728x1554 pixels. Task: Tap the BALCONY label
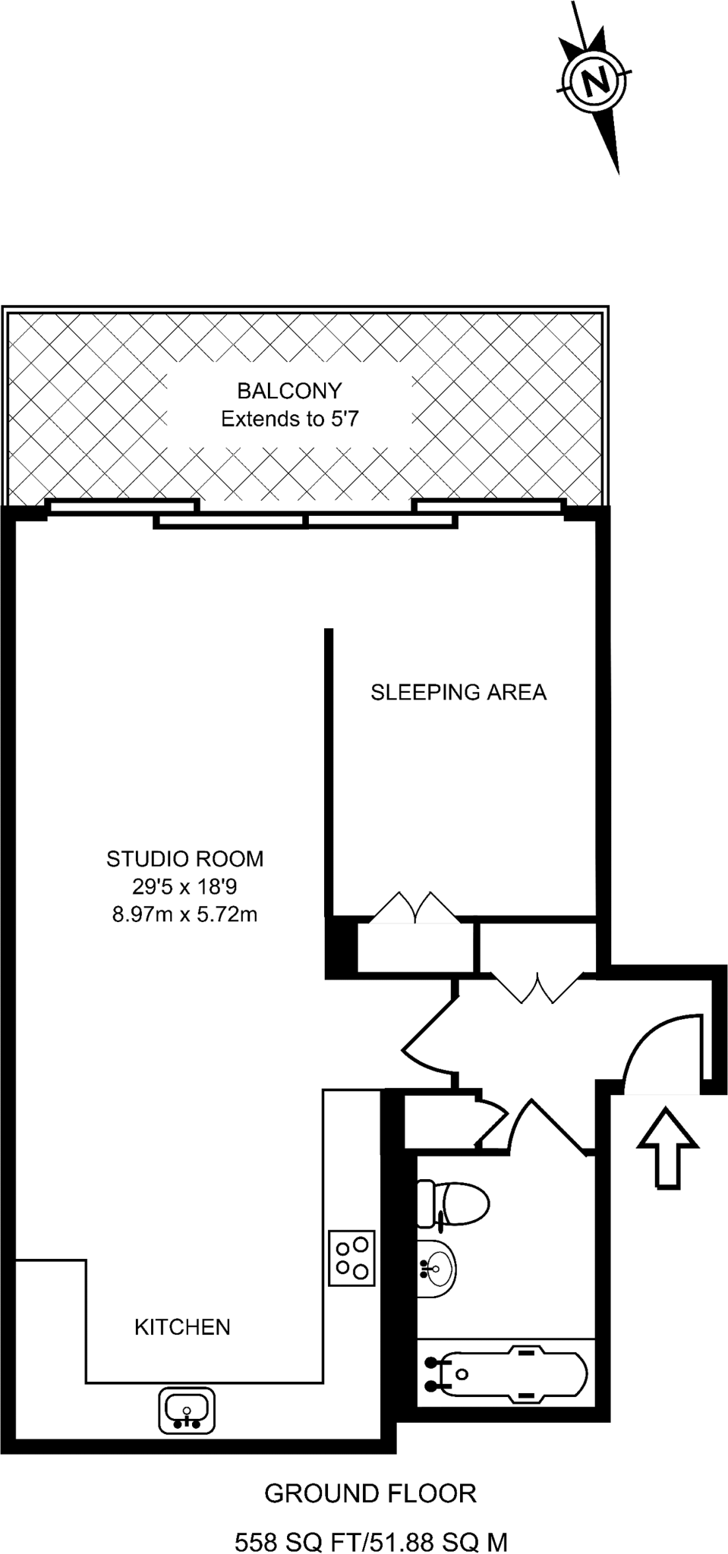(289, 391)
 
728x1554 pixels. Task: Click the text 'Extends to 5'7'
(289, 419)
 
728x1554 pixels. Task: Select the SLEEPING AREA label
(458, 692)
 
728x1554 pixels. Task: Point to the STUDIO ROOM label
(184, 859)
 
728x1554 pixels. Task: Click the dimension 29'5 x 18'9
(184, 886)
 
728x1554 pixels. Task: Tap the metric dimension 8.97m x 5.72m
(184, 914)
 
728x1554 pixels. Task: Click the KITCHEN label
(182, 1327)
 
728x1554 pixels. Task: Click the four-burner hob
(351, 1257)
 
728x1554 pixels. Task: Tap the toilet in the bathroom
(453, 1203)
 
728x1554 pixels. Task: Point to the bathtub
(504, 1374)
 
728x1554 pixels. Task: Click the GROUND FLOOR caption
(370, 1493)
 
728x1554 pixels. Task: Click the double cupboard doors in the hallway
(537, 987)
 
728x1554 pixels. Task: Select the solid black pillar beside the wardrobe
(341, 946)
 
